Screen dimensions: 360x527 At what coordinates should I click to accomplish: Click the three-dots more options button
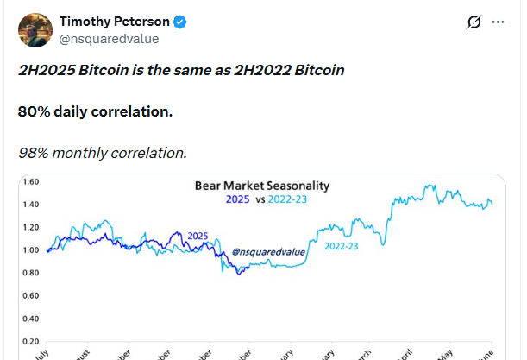[499, 22]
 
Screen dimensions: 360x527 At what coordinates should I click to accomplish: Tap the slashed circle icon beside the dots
[472, 22]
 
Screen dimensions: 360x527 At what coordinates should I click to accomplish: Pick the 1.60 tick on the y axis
[30, 182]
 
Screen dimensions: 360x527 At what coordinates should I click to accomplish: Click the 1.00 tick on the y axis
[30, 250]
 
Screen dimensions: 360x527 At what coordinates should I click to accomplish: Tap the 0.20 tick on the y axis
[30, 341]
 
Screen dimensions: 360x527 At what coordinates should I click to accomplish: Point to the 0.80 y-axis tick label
[30, 274]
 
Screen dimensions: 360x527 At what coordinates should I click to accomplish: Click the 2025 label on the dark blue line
[198, 236]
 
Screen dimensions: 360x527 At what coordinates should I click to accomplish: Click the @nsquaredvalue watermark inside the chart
[268, 253]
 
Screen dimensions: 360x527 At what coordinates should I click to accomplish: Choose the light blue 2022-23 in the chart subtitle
[289, 199]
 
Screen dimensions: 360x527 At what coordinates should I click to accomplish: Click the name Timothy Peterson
[114, 22]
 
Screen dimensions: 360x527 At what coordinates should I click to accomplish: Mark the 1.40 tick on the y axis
[30, 205]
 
